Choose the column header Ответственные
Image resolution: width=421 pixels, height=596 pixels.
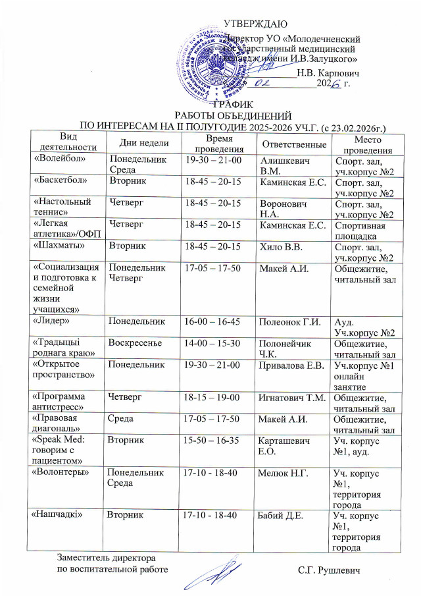[x=294, y=143]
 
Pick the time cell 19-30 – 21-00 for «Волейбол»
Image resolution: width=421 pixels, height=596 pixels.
[x=214, y=159]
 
